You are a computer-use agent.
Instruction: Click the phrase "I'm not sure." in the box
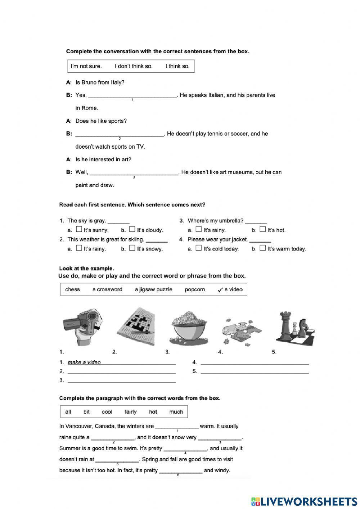[x=86, y=66]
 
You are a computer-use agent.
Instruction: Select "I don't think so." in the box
[x=134, y=66]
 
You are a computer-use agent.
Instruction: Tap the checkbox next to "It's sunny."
[x=79, y=229]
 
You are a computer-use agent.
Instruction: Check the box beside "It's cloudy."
[x=132, y=229]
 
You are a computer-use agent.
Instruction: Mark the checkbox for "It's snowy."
[x=132, y=248]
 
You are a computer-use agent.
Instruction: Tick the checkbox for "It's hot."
[x=263, y=229]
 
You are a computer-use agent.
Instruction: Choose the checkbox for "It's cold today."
[x=199, y=248]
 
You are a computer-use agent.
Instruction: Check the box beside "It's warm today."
[x=263, y=248]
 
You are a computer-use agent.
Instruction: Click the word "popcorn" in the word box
[x=195, y=289]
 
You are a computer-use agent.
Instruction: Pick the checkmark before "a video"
[x=220, y=290]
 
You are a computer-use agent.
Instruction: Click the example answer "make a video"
[x=84, y=362]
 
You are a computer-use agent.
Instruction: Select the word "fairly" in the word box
[x=130, y=412]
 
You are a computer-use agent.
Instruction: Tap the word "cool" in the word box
[x=107, y=412]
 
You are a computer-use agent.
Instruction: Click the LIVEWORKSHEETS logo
[x=304, y=501]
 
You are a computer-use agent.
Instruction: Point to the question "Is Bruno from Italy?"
[x=100, y=82]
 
